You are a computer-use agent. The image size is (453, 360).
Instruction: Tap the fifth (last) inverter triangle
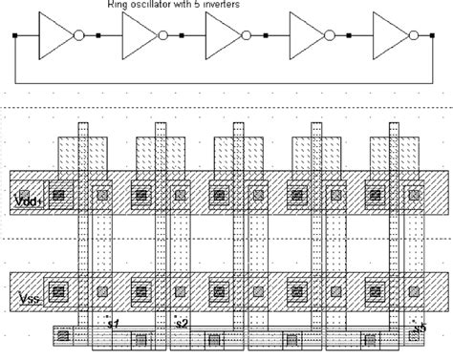coord(388,36)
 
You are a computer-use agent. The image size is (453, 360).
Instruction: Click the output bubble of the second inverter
coord(162,36)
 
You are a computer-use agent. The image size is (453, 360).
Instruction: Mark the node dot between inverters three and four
coord(265,36)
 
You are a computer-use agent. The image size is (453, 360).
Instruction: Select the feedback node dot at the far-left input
coord(14,36)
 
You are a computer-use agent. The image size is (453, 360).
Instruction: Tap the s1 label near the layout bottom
coord(112,325)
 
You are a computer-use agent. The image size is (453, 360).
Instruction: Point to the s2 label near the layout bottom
coord(182,325)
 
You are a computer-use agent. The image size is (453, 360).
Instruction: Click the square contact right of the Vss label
coord(59,288)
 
